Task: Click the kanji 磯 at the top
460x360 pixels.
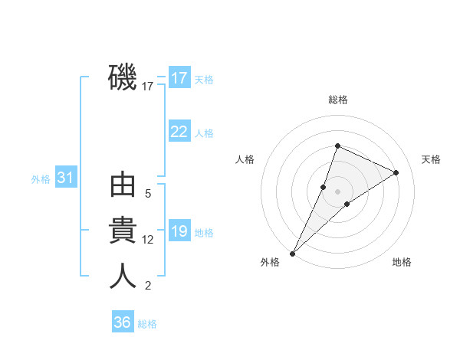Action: click(123, 77)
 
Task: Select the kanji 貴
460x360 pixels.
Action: click(123, 231)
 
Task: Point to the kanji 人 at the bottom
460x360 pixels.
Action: click(123, 276)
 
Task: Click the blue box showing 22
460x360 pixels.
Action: click(179, 132)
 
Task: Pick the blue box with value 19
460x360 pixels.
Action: click(179, 231)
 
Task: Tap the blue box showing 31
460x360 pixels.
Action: click(66, 178)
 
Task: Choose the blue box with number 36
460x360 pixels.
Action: click(123, 322)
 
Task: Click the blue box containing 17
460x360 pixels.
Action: click(179, 78)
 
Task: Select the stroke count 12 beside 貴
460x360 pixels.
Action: click(148, 240)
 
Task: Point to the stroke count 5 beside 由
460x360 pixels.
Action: click(148, 194)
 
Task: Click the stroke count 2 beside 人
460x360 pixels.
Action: click(148, 286)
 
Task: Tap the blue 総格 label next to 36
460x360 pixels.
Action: click(147, 324)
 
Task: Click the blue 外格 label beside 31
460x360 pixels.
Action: click(41, 179)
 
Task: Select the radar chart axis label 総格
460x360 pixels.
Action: click(338, 100)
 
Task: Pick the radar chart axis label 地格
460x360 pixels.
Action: click(402, 262)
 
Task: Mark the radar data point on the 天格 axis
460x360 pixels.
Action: click(396, 172)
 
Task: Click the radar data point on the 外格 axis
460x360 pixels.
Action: click(293, 253)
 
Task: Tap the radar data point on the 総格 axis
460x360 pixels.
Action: click(337, 146)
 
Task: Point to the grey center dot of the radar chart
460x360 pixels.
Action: click(337, 191)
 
